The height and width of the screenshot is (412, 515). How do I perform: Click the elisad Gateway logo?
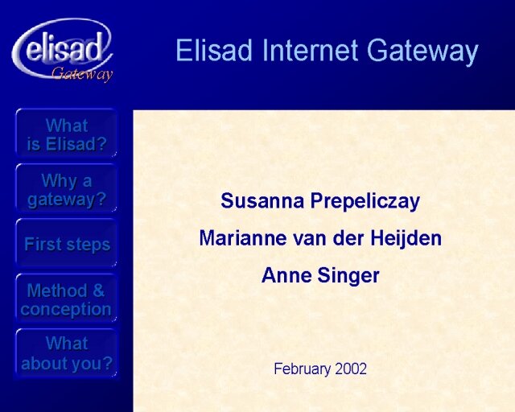click(63, 50)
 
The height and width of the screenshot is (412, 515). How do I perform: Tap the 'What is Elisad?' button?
click(66, 134)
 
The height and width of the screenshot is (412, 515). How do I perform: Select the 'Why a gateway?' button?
click(66, 188)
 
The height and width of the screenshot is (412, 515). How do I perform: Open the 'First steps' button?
click(66, 244)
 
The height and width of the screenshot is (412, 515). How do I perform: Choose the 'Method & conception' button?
click(66, 299)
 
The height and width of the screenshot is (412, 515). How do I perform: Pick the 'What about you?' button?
click(66, 353)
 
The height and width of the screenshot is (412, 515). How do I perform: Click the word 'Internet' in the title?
click(310, 50)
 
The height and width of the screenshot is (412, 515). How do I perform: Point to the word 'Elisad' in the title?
click(214, 50)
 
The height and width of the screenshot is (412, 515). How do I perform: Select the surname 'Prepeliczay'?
click(365, 202)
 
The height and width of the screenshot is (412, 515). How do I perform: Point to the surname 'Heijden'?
click(406, 239)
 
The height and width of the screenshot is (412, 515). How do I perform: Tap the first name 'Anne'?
click(286, 275)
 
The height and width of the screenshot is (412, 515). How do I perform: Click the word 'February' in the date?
click(303, 369)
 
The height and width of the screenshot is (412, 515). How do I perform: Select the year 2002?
click(351, 369)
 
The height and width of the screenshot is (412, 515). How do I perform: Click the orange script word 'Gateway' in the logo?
click(82, 73)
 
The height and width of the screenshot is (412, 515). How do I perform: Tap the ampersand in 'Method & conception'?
click(98, 290)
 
